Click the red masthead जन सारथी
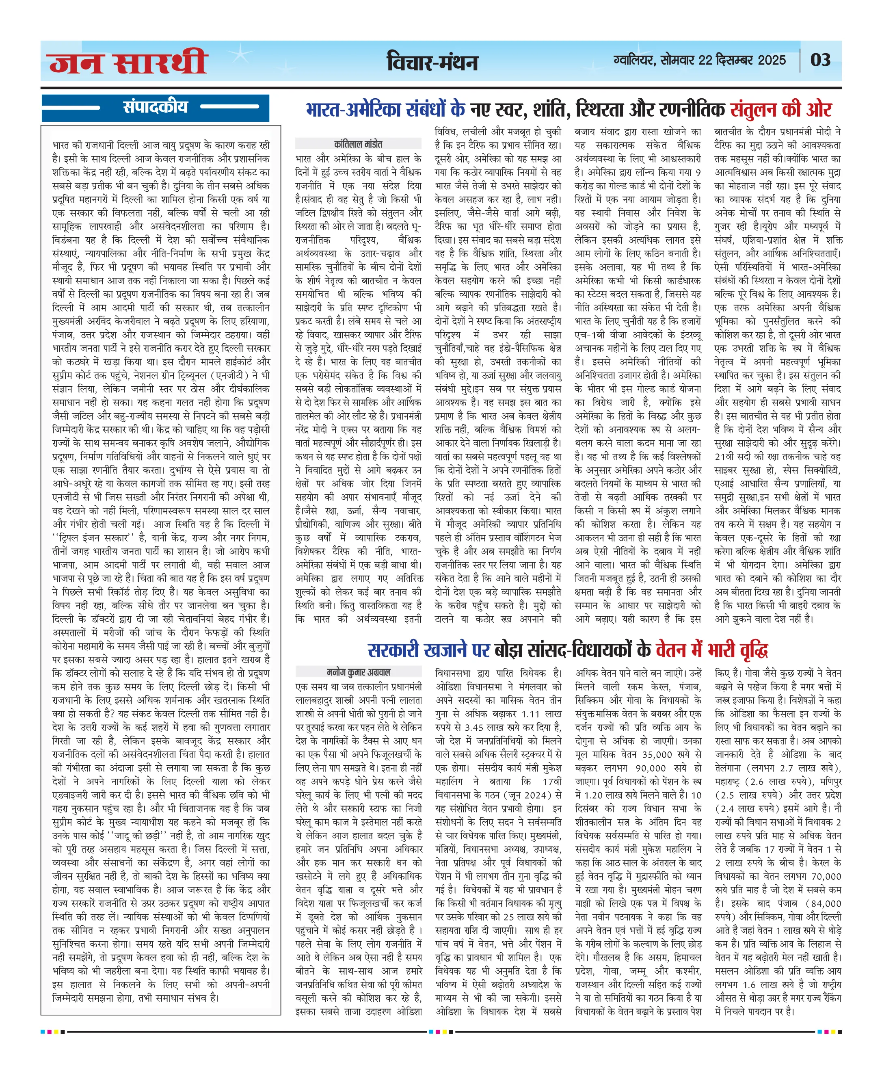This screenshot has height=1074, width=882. click(128, 62)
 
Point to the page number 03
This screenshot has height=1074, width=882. click(820, 61)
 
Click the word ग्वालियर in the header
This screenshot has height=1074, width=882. click(635, 61)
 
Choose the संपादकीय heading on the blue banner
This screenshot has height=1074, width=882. click(156, 107)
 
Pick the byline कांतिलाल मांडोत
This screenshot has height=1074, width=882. click(358, 144)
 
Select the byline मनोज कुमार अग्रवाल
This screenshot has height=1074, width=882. click(358, 672)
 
